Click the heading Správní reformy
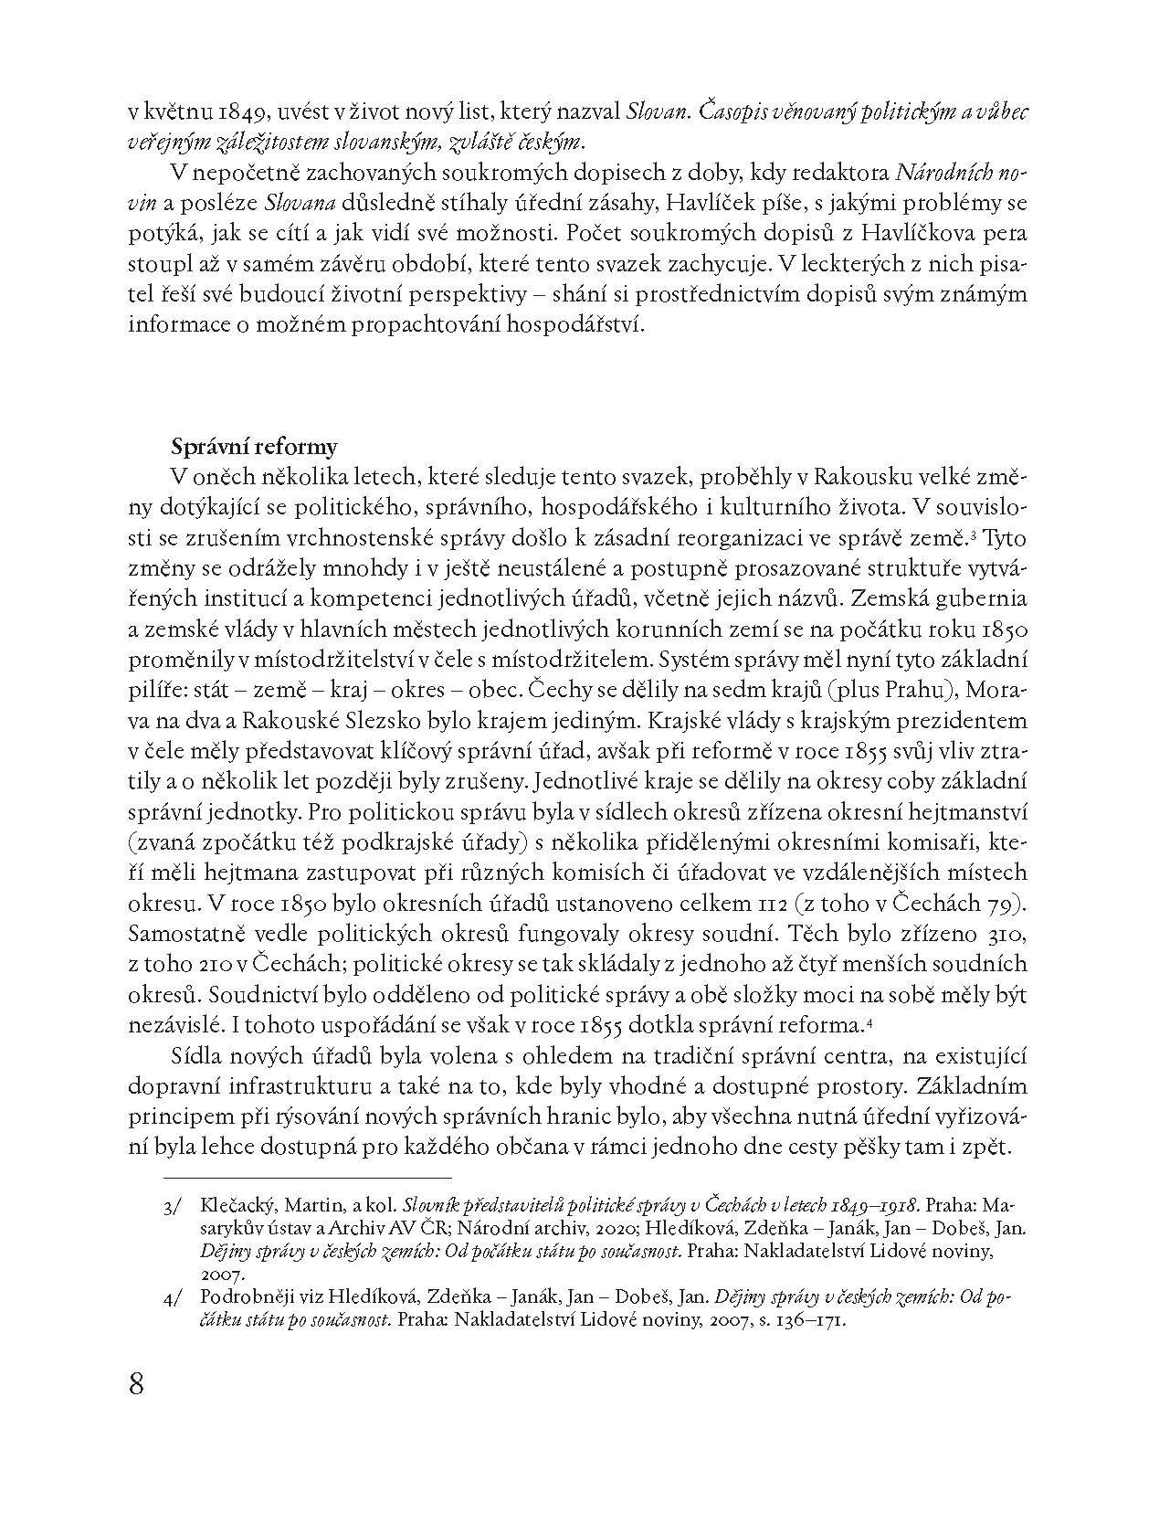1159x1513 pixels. (x=254, y=447)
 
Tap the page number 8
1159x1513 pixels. (x=137, y=1383)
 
